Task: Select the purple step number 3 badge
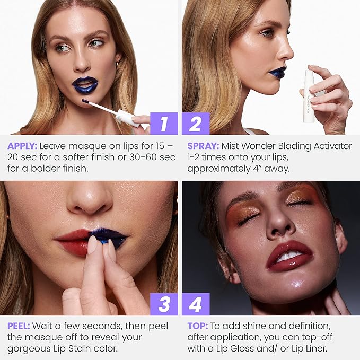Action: coord(164,304)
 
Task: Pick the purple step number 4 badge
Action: coord(196,304)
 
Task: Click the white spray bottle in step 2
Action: coord(309,95)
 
